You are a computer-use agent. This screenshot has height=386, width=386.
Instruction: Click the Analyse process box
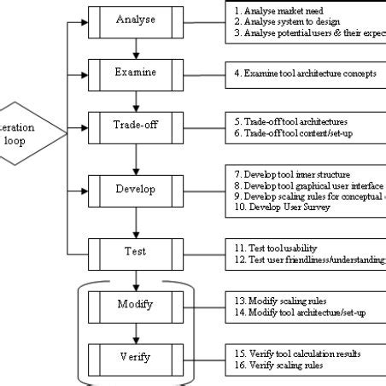pos(136,20)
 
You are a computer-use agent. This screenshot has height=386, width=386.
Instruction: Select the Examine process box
pos(136,73)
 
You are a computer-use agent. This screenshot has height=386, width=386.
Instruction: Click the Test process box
pos(136,252)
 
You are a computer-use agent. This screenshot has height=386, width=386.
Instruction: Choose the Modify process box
pos(136,305)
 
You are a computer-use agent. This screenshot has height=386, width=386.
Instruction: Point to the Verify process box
pos(136,353)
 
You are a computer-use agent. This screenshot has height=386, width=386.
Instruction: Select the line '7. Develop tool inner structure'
pos(291,174)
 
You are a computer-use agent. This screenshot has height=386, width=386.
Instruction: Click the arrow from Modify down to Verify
pos(136,330)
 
